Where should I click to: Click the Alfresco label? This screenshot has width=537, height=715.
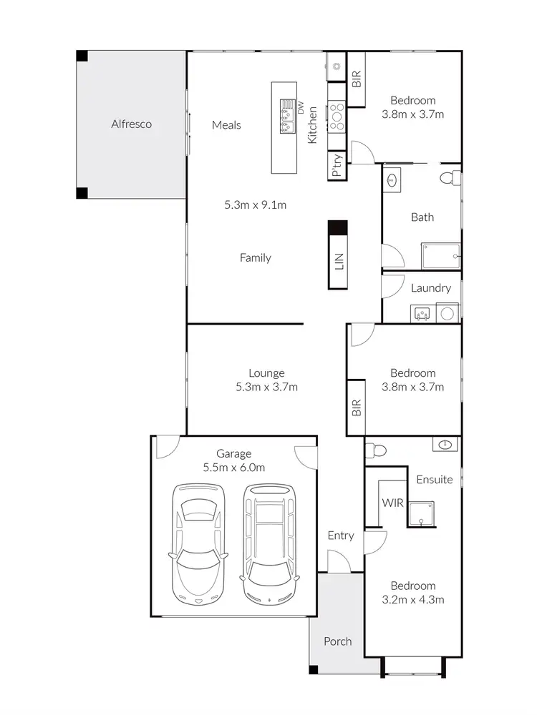[131, 124]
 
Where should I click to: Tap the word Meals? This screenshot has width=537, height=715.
[226, 125]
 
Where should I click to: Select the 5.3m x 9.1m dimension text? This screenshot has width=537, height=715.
[256, 205]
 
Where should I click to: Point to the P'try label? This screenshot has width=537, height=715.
[337, 166]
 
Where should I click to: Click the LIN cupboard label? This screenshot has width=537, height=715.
[339, 262]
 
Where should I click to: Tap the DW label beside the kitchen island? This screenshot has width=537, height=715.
[301, 109]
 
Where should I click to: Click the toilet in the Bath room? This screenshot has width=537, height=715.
[450, 177]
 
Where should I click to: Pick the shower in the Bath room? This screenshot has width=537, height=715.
[440, 256]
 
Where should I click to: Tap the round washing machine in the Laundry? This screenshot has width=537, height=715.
[447, 312]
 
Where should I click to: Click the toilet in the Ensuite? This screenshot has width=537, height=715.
[374, 450]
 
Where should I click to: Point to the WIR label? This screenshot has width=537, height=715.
[392, 503]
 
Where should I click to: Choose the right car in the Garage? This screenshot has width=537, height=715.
[269, 542]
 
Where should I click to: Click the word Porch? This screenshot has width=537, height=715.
[337, 641]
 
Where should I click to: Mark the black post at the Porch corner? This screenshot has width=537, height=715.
[313, 670]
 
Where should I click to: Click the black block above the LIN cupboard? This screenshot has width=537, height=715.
[337, 228]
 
